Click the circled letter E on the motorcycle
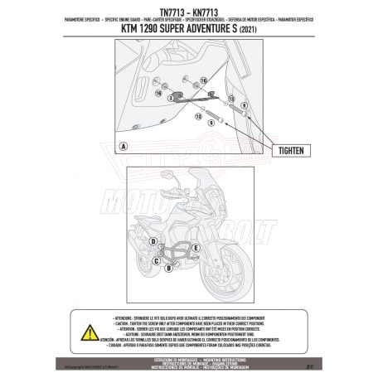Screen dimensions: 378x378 click(194, 248)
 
